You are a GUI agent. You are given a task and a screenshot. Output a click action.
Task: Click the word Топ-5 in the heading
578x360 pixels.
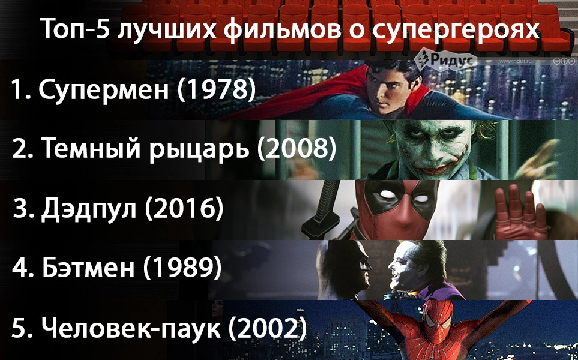75,29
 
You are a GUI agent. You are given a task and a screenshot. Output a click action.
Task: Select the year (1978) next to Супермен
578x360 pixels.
217,89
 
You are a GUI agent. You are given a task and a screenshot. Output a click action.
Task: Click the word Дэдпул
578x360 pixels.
88,209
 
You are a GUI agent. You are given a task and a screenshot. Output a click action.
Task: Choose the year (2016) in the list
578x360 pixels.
184,209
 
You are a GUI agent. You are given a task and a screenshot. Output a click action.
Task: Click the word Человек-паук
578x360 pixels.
131,328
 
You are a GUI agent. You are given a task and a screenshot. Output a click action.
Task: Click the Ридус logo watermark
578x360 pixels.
445,59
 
